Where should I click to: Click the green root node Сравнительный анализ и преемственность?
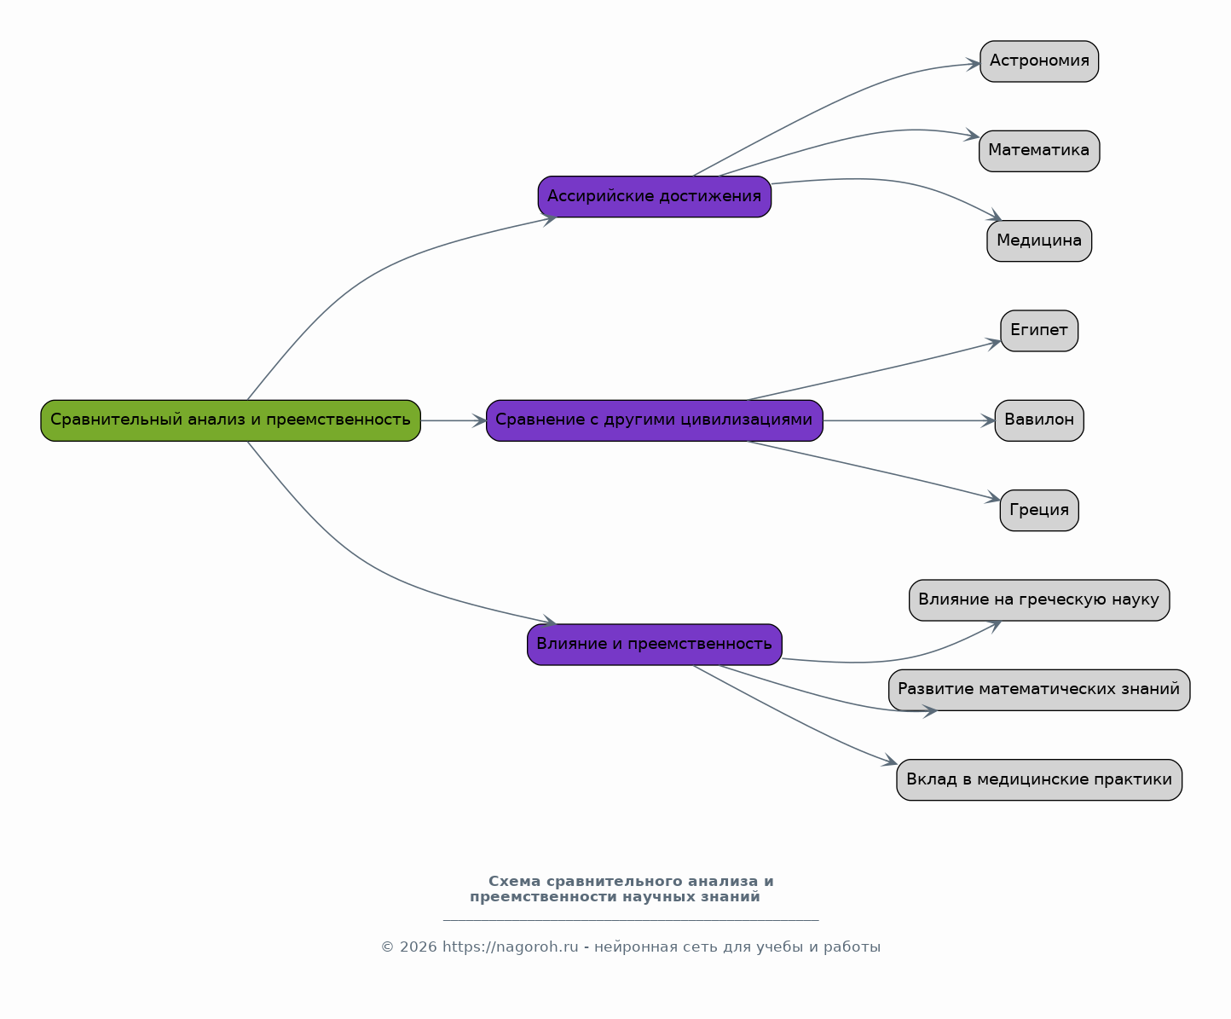pos(230,420)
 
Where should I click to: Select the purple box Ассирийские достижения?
pos(655,196)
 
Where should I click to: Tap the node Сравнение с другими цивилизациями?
pos(655,420)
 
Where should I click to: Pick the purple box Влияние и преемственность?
pos(655,645)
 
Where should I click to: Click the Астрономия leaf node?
pos(1039,61)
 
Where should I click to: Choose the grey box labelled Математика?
pos(1039,151)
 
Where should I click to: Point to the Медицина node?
pos(1039,241)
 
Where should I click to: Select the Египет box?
pos(1039,331)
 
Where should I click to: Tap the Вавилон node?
pos(1039,420)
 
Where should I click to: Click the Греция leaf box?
pos(1039,510)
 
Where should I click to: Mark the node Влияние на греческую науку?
pos(1039,600)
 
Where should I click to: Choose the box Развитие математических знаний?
pos(1039,690)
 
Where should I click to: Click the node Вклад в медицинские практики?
pos(1039,779)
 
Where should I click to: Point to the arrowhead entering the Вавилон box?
pos(988,420)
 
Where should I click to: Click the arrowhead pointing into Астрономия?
pos(974,64)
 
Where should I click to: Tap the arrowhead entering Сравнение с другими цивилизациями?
pos(479,420)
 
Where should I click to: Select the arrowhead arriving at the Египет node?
pos(994,343)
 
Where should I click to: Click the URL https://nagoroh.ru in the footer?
pos(510,947)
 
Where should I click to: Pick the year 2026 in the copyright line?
pos(418,947)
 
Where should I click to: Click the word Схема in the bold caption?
pos(514,882)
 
